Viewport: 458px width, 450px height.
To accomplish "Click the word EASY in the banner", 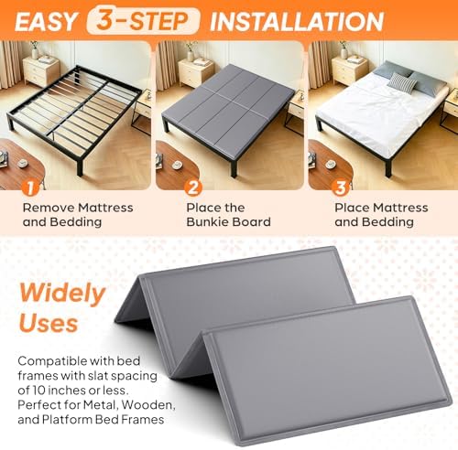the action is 46,21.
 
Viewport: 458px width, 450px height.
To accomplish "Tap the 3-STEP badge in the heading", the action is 143,21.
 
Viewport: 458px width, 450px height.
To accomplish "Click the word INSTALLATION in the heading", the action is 297,21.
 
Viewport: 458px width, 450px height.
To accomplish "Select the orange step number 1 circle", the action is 30,187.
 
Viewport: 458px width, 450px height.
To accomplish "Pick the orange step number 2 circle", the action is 192,187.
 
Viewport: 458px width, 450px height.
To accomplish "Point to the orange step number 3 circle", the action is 341,187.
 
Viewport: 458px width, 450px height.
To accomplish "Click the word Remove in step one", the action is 49,208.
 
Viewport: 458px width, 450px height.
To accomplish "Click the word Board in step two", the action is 252,221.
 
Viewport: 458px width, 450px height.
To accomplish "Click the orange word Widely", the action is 62,293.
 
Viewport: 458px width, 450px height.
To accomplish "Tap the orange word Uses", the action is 49,323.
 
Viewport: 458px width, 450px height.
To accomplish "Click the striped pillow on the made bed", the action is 401,81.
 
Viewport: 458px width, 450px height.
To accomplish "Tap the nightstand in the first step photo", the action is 41,70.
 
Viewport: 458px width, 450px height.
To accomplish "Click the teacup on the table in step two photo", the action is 177,165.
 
